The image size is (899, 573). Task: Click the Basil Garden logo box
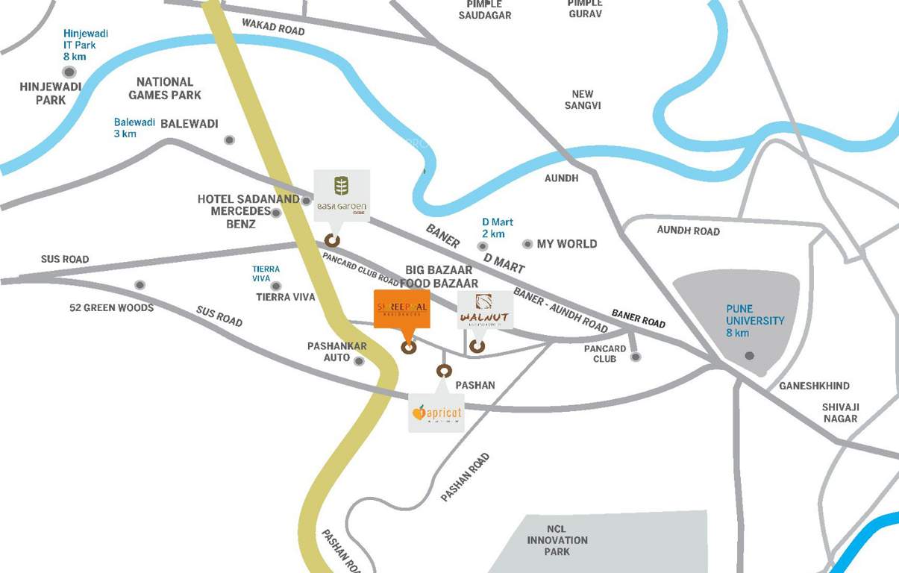(x=341, y=195)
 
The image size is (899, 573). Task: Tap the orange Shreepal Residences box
(x=402, y=308)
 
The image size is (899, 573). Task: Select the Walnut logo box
(x=485, y=310)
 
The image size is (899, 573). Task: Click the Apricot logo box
(x=436, y=413)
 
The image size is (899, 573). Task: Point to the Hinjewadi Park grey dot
(x=69, y=72)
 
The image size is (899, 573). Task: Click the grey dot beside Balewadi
(x=229, y=140)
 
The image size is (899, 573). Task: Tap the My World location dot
(x=527, y=244)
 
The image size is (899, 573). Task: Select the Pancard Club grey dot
(x=636, y=357)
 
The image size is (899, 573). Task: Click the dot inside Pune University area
(x=750, y=356)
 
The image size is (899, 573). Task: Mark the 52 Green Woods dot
(x=139, y=285)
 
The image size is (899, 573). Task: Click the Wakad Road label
(x=273, y=27)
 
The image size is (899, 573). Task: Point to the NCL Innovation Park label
(x=557, y=539)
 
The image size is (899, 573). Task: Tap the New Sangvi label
(x=583, y=100)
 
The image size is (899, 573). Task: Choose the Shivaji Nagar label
(x=840, y=413)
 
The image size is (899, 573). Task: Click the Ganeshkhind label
(x=814, y=386)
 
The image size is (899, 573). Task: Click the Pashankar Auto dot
(x=359, y=361)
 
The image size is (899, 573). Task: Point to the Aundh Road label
(x=688, y=231)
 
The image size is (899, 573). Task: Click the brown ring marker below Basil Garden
(x=332, y=240)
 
